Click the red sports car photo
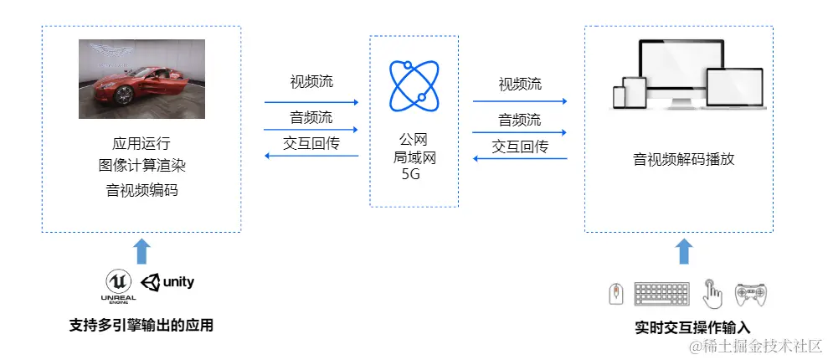coord(141,79)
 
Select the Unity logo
coord(168,282)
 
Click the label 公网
coord(414,139)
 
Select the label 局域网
coord(414,157)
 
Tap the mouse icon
coord(615,294)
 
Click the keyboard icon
coord(661,294)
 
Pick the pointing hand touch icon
coord(712,293)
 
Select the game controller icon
coord(751,294)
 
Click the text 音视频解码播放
coord(683,158)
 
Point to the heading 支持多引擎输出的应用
coord(141,325)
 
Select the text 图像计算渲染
coord(141,165)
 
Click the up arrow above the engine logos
coord(141,251)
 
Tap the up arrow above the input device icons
coord(684,251)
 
